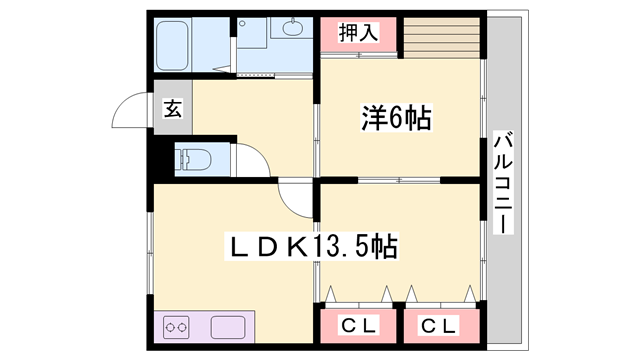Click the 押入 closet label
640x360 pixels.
tap(359, 32)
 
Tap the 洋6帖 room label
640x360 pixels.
tap(396, 119)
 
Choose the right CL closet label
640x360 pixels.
tap(439, 325)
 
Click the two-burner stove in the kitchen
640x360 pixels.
tap(178, 327)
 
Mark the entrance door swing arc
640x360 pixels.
tap(128, 110)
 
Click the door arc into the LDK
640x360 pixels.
tap(295, 200)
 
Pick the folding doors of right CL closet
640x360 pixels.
tap(439, 294)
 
